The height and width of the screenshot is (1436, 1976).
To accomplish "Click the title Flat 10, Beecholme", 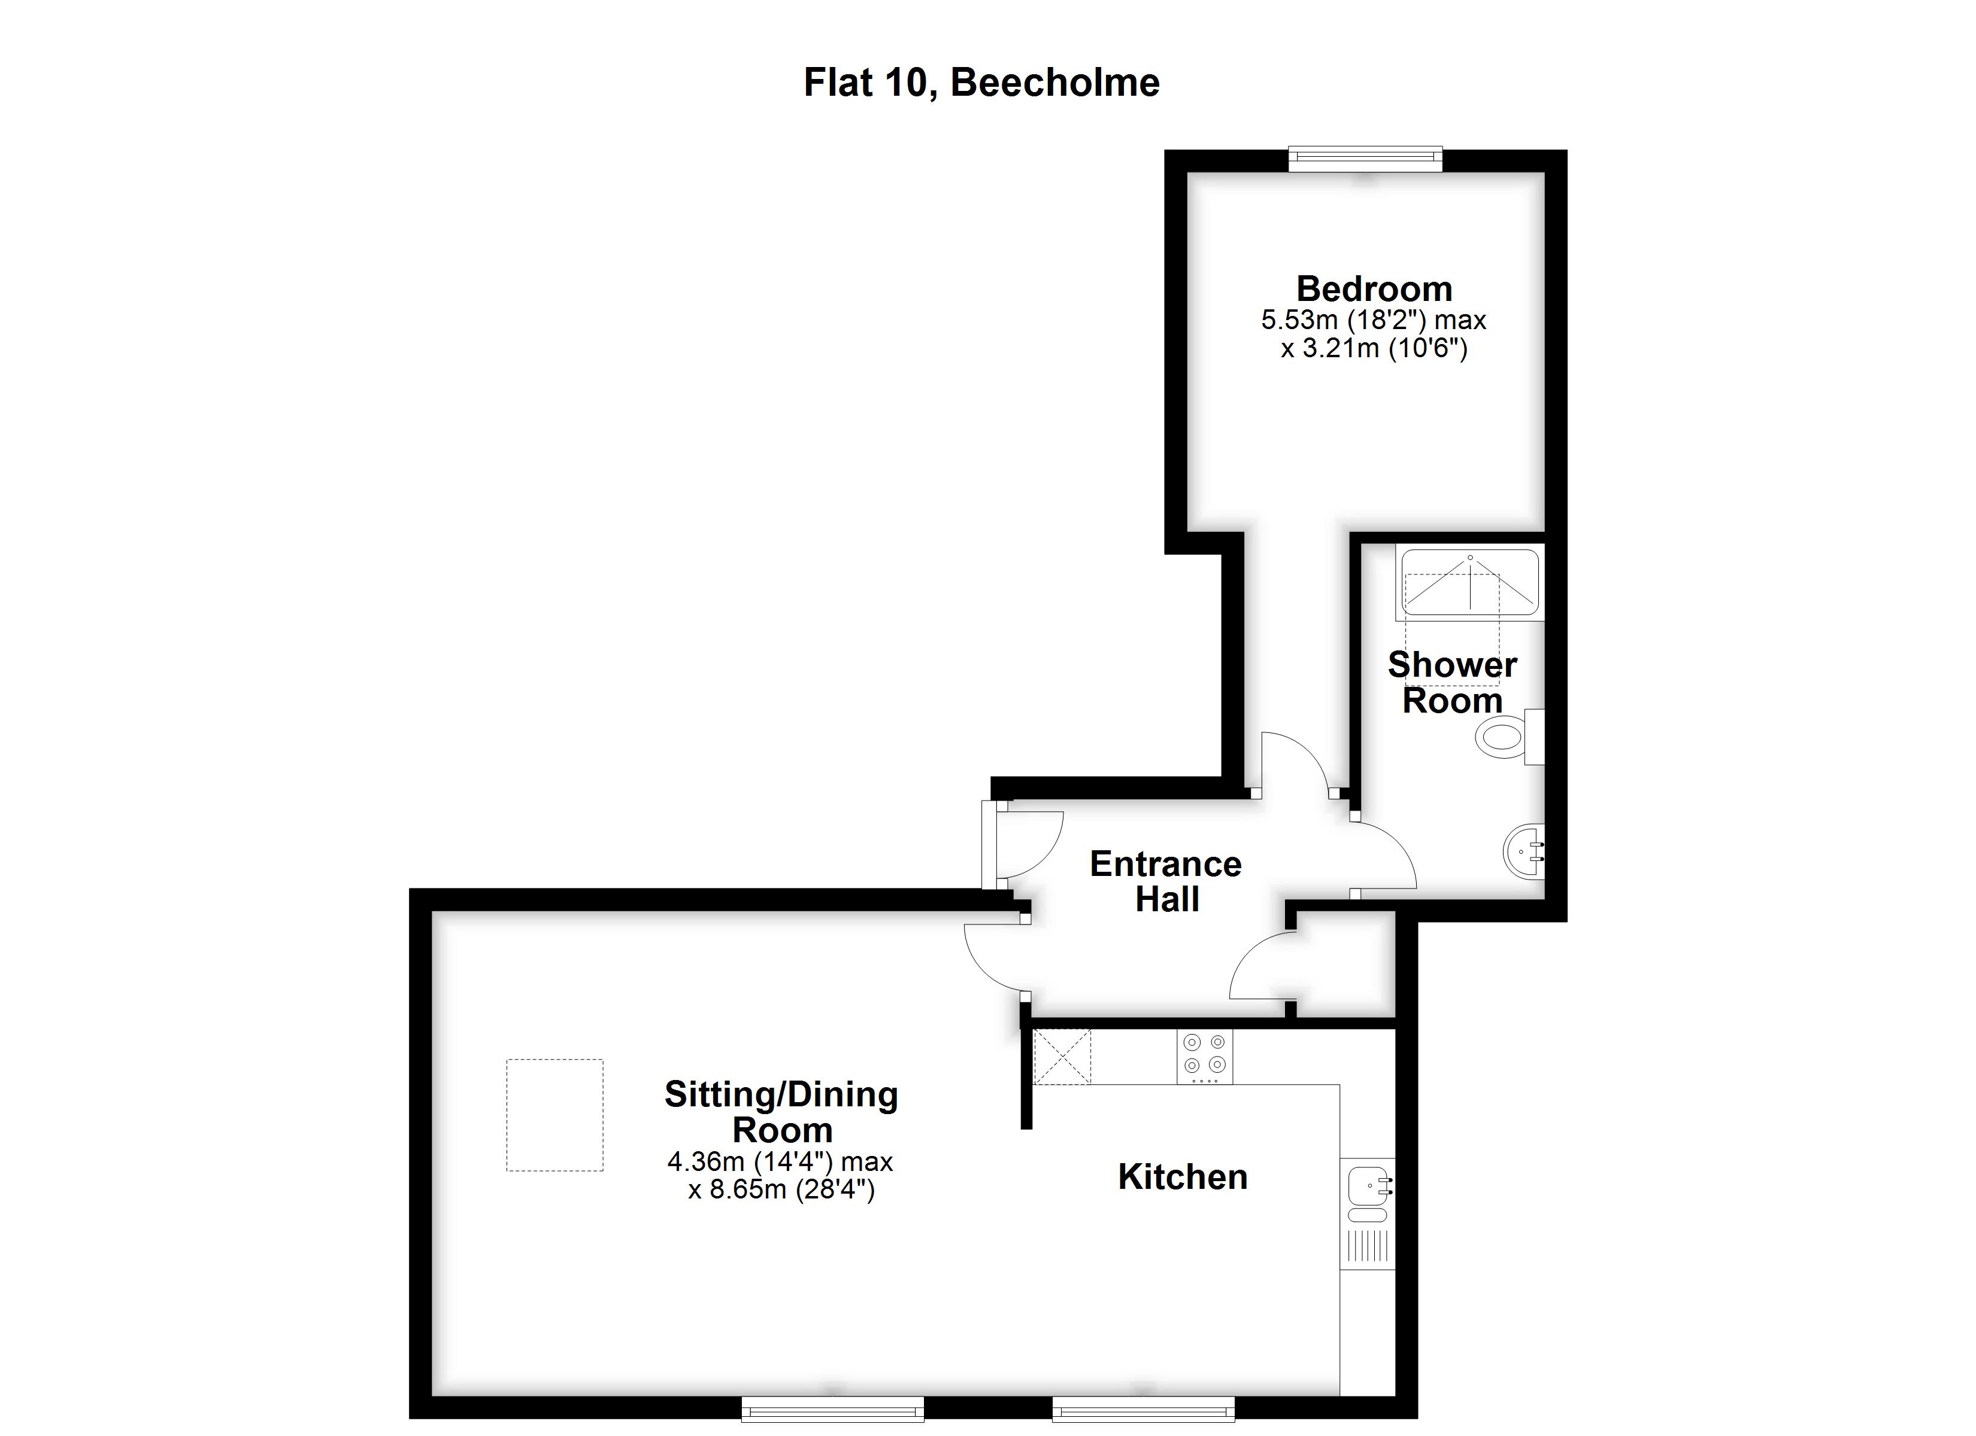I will (981, 83).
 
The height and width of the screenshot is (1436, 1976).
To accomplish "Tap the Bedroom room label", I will (1374, 288).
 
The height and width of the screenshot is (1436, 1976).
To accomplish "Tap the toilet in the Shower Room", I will (1501, 737).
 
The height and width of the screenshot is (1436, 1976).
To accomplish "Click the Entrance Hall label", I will (1166, 881).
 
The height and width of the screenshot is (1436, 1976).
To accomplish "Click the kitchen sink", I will (1367, 1186).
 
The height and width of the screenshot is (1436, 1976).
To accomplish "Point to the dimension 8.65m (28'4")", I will (781, 1189).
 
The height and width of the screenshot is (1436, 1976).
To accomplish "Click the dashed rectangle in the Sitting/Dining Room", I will (555, 1115).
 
